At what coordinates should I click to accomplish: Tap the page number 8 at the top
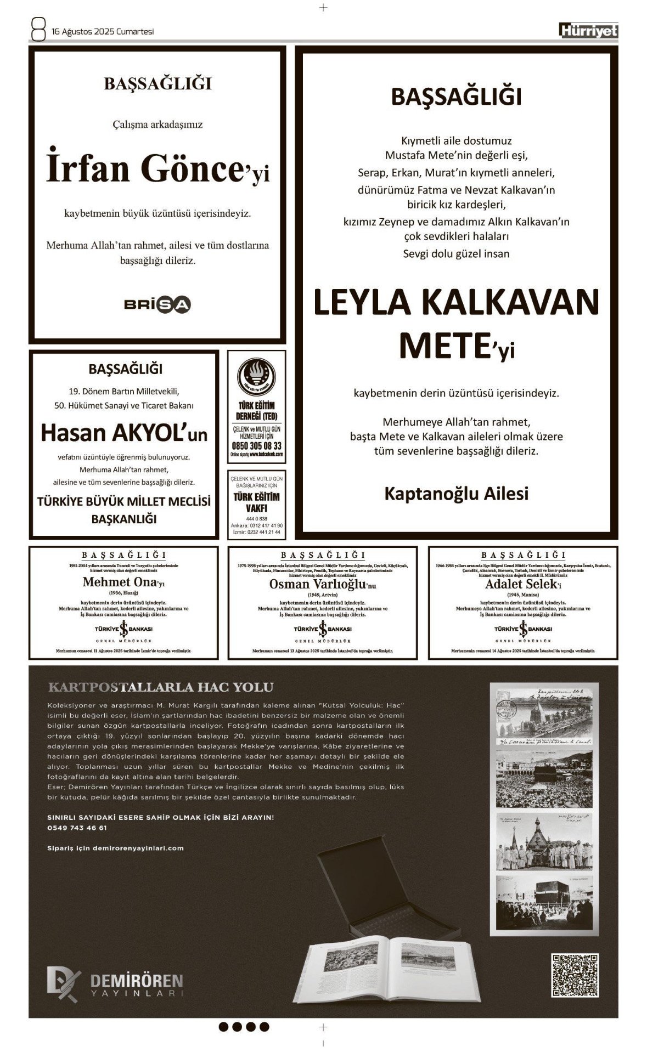[38, 30]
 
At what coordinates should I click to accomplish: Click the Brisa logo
[157, 304]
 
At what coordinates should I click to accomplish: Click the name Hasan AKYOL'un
[124, 433]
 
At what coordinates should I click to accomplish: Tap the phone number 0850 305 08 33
[256, 446]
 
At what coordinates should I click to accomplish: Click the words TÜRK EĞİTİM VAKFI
[256, 502]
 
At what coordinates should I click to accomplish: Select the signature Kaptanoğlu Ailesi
[456, 493]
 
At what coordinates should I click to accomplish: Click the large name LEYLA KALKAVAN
[456, 302]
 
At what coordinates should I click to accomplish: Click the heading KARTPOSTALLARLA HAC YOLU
[160, 687]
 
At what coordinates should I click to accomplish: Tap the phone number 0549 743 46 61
[77, 828]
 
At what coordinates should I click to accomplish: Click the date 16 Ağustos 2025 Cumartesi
[103, 32]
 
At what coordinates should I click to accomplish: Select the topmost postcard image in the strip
[544, 714]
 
